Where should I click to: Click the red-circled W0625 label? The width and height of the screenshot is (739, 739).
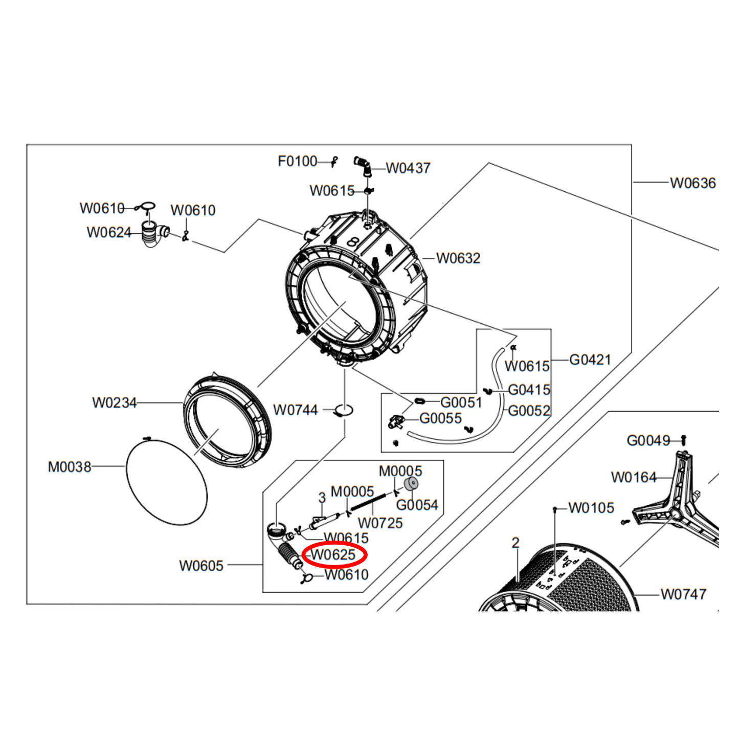coord(334,555)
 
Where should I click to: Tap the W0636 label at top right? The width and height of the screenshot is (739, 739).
coord(692,183)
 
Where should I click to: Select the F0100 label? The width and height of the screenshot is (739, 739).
coord(297,162)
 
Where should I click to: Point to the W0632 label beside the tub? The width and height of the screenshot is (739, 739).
coord(458,258)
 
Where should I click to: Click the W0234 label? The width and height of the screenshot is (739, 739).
coord(115,403)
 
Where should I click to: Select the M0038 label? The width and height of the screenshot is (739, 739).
coord(70,467)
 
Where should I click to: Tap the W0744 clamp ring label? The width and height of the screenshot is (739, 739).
coord(295,410)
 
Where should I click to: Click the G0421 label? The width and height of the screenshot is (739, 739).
coord(590,360)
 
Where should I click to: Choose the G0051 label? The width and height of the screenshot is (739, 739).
coord(461,402)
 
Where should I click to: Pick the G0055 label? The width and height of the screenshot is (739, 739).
coord(440,418)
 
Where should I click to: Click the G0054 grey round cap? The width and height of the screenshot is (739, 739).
coord(411,483)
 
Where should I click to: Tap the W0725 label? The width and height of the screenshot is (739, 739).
coord(380,523)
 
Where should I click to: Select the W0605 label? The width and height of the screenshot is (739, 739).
coord(201,566)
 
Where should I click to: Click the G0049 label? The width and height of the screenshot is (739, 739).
coord(648,440)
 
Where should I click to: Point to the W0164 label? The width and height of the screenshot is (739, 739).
coord(634,478)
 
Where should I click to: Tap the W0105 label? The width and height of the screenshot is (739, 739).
coord(591,508)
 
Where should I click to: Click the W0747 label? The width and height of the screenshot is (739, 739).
coord(683,594)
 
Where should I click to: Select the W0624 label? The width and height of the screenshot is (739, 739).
coord(109,232)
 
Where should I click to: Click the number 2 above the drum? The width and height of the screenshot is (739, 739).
coord(516,543)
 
